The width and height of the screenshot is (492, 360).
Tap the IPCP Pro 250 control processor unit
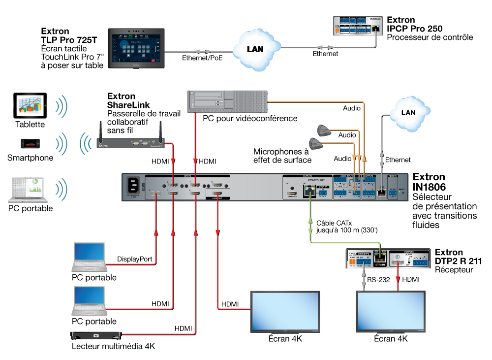pyautogui.click(x=358, y=26)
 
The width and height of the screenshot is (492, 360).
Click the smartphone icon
pyautogui.click(x=30, y=144)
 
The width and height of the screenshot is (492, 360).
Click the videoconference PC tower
pyautogui.click(x=227, y=101)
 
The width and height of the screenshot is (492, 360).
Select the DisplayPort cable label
pyautogui.click(x=134, y=259)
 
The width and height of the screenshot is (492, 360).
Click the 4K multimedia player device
pyautogui.click(x=96, y=336)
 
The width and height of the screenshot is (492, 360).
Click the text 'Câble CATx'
pyautogui.click(x=335, y=223)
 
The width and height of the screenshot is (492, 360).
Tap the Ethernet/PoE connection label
pyautogui.click(x=202, y=58)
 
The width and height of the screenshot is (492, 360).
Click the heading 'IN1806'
pyautogui.click(x=429, y=187)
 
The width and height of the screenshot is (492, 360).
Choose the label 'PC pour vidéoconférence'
pyautogui.click(x=250, y=118)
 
